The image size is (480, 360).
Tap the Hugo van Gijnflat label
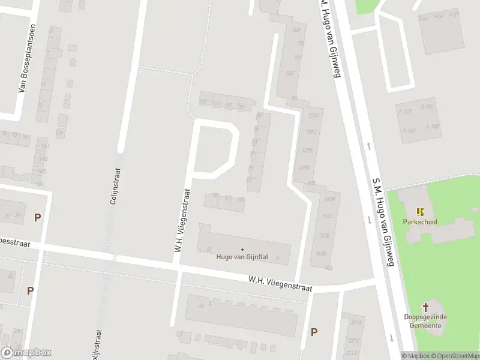[x=242, y=257]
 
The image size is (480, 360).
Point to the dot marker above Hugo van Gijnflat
[x=242, y=249]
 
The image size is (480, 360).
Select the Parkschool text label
[x=420, y=222]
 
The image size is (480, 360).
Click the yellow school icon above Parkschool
[x=420, y=212]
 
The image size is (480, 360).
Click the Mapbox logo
[x=26, y=353]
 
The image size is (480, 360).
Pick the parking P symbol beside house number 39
[x=37, y=218]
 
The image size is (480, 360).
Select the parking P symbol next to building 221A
[x=314, y=331]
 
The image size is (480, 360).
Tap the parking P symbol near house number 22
[x=30, y=291]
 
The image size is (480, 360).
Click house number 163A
[x=328, y=199]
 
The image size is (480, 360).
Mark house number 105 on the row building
[x=203, y=103]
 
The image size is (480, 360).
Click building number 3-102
[x=407, y=112]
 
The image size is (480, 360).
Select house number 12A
[x=59, y=132]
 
